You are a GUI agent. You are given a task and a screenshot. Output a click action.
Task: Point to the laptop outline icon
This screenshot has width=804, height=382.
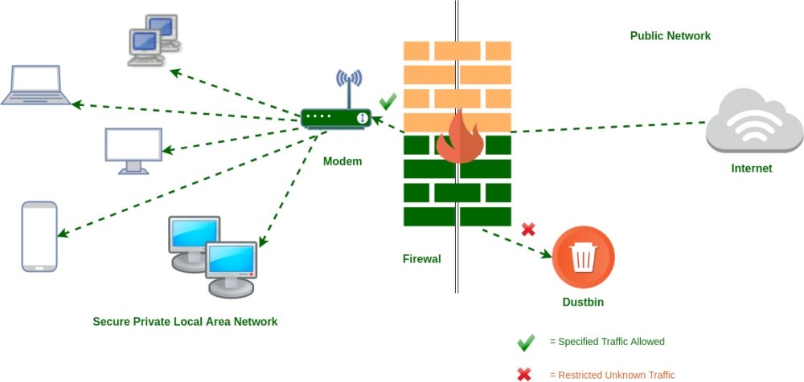[x=35, y=85]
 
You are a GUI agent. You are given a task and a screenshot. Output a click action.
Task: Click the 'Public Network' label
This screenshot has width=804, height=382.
[x=670, y=36]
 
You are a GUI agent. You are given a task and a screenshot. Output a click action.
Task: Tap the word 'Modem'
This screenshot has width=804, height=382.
[x=343, y=161]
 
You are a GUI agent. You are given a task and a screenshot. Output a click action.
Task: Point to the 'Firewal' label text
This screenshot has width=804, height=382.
[x=422, y=259]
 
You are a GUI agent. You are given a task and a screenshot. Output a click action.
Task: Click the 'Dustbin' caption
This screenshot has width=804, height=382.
[x=583, y=303]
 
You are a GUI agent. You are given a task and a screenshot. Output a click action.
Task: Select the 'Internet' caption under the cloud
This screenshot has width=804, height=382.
[x=752, y=169]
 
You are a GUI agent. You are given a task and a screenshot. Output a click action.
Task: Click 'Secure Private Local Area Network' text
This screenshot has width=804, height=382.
[x=185, y=322]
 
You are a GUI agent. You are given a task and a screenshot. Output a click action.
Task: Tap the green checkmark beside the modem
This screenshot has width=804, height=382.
[x=388, y=101]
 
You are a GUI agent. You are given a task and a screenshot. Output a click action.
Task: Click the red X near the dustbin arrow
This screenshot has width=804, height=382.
[x=528, y=230]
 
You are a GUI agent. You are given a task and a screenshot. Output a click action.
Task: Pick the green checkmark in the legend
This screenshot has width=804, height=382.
[x=526, y=343]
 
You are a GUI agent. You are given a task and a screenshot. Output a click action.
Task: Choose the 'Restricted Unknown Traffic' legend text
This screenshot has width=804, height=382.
[x=612, y=375]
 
